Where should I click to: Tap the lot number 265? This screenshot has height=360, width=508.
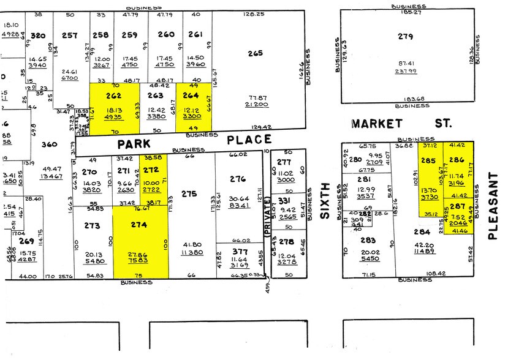[256, 53]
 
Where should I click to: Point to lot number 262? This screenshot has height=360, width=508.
[114, 96]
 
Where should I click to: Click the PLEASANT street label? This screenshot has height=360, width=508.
[493, 204]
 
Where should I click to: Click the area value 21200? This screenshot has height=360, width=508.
[256, 105]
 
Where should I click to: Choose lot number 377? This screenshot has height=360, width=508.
[240, 250]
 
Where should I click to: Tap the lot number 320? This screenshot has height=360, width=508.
[39, 36]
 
